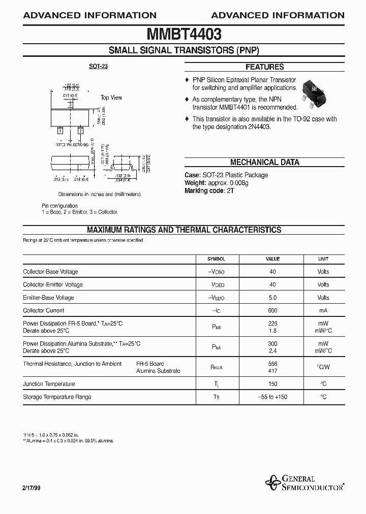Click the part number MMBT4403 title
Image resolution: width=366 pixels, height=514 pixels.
tap(184, 35)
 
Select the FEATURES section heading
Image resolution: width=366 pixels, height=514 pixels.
tap(264, 67)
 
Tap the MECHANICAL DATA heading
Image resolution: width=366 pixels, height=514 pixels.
tap(264, 163)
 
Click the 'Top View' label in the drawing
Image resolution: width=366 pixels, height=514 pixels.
tap(111, 98)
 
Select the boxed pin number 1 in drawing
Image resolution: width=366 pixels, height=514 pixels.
tap(60, 131)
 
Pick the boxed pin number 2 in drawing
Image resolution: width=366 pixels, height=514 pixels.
tap(80, 131)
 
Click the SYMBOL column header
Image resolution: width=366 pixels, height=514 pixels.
tap(216, 259)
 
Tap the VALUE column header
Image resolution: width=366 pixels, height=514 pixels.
tap(273, 259)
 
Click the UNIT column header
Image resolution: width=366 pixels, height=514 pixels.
tap(323, 259)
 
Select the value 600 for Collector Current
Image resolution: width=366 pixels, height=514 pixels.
tap(273, 310)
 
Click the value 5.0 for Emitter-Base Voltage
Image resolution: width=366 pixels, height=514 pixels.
tap(273, 298)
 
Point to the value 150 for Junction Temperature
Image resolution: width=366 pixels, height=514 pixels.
tap(273, 384)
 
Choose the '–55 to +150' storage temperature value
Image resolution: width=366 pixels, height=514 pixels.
tap(273, 397)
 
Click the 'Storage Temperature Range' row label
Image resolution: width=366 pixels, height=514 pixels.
tap(57, 397)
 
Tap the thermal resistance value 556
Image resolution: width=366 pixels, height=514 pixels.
tap(273, 364)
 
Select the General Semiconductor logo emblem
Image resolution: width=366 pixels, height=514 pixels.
tap(273, 481)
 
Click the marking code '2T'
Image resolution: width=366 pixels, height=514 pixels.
tap(231, 190)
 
